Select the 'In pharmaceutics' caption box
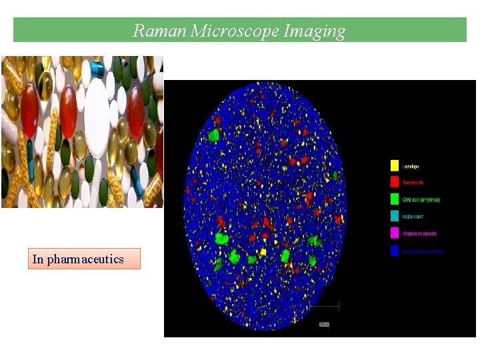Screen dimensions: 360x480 pyautogui.click(x=85, y=259)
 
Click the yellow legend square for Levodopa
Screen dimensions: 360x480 pyautogui.click(x=394, y=165)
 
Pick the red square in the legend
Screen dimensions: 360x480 pyautogui.click(x=394, y=182)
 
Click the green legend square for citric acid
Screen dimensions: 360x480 pyautogui.click(x=394, y=199)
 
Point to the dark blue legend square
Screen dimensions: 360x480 pyautogui.click(x=394, y=251)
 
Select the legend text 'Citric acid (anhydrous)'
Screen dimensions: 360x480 pyautogui.click(x=421, y=199)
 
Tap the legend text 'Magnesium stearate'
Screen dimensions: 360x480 pyautogui.click(x=419, y=234)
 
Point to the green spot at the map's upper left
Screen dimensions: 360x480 pyautogui.click(x=213, y=135)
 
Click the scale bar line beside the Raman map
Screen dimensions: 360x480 pyautogui.click(x=325, y=306)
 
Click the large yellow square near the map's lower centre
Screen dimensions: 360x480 pyautogui.click(x=263, y=252)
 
